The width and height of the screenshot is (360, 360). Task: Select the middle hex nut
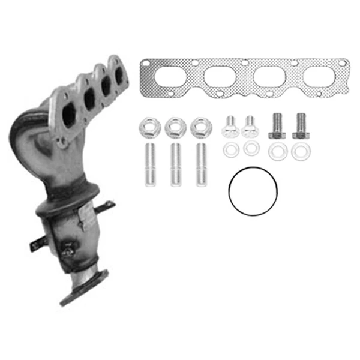[173, 127]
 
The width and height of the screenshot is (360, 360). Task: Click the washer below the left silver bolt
[229, 150]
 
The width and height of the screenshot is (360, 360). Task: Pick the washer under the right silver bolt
[251, 148]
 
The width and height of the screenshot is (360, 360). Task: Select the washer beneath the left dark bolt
[277, 152]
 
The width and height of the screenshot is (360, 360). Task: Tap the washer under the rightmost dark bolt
[298, 152]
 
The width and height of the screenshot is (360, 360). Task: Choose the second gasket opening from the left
[220, 77]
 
